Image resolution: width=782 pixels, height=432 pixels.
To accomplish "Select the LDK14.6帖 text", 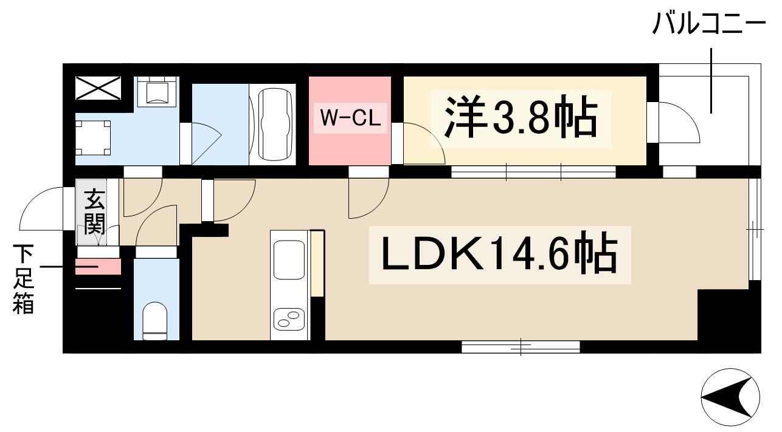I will pos(499,255).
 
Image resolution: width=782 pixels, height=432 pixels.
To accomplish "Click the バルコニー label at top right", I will pos(708,26).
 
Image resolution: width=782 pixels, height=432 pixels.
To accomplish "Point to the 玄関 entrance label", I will pos(94,212).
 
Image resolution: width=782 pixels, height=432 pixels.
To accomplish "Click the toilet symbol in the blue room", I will pos(155,320).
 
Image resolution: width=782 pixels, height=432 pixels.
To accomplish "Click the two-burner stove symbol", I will pos(289,318).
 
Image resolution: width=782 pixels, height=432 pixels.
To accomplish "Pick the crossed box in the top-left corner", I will pos(99,89).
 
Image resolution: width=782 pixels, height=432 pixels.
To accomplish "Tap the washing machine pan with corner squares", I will pos(93,137).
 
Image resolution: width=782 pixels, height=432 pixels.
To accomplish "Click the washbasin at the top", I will pos(156,92).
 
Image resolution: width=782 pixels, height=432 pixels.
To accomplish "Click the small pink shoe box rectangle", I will pos(98,267).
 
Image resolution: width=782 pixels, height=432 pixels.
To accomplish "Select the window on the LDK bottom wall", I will pos(521,347).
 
